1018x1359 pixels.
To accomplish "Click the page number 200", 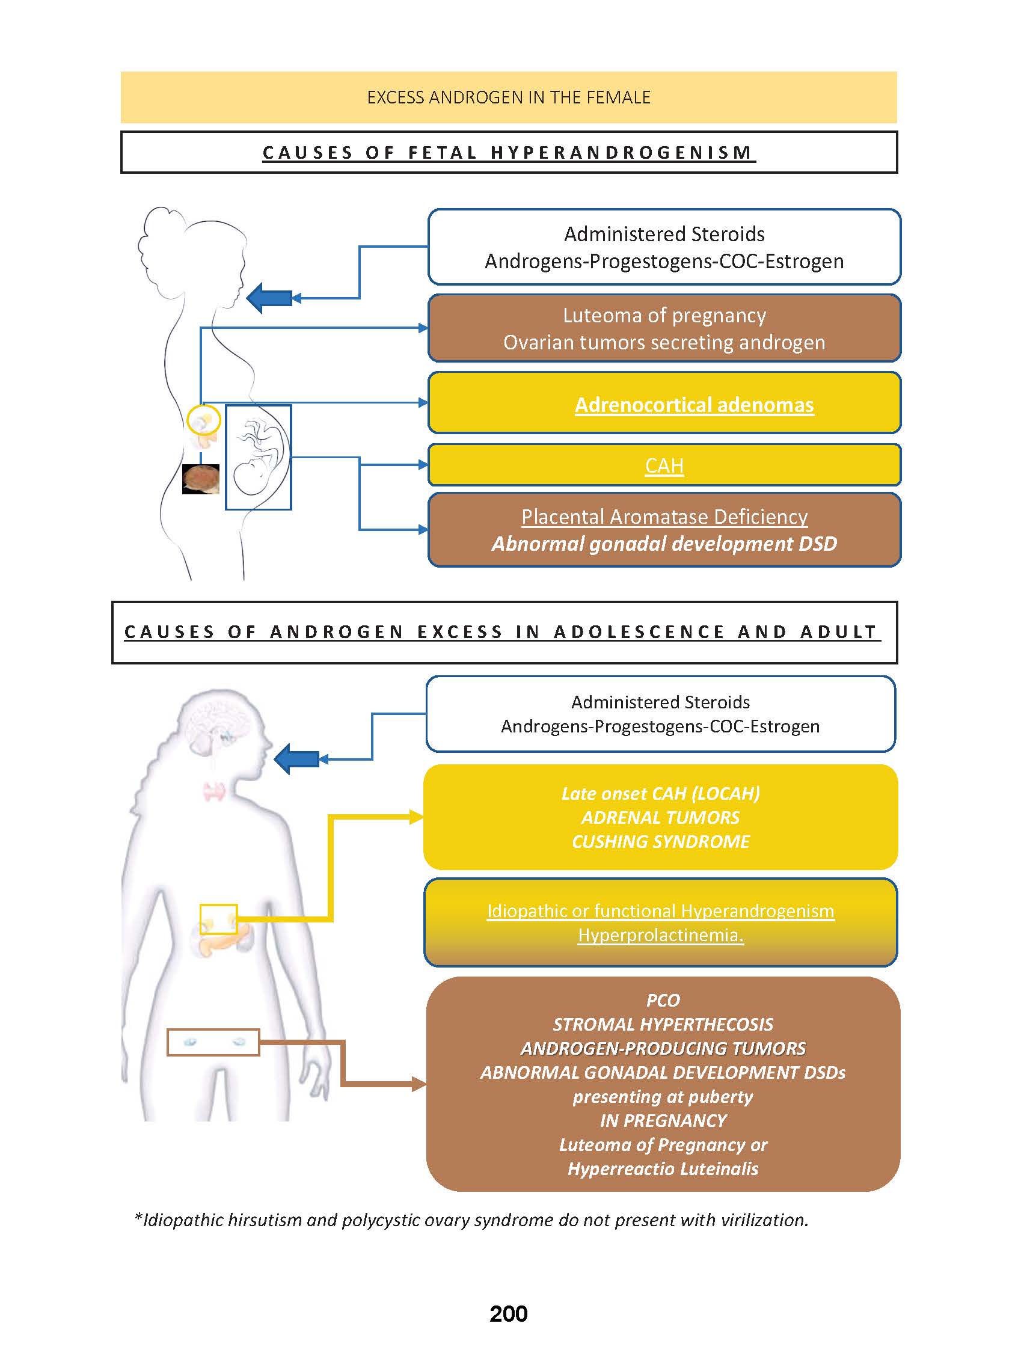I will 508,1313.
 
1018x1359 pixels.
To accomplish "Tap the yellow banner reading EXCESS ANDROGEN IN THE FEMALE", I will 508,97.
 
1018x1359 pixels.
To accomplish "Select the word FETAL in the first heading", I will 443,153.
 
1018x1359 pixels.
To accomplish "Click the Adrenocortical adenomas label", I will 695,405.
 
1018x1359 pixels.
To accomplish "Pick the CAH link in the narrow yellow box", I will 664,465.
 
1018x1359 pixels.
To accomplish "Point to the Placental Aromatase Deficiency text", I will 664,517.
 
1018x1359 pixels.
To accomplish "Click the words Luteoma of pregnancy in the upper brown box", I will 664,316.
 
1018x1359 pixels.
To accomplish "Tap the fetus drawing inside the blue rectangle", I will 258,457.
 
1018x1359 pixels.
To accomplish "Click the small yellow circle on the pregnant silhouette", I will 203,420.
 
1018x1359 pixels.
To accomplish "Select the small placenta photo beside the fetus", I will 201,479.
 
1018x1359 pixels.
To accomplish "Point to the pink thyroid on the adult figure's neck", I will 215,791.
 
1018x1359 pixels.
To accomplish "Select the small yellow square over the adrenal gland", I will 218,919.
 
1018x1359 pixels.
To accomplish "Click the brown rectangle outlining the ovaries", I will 213,1042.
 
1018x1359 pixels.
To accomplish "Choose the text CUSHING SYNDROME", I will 660,842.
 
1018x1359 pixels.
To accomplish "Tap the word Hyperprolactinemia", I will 660,935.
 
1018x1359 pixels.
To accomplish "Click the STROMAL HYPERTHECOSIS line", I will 663,1024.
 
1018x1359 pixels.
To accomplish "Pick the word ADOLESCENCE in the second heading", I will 639,632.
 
